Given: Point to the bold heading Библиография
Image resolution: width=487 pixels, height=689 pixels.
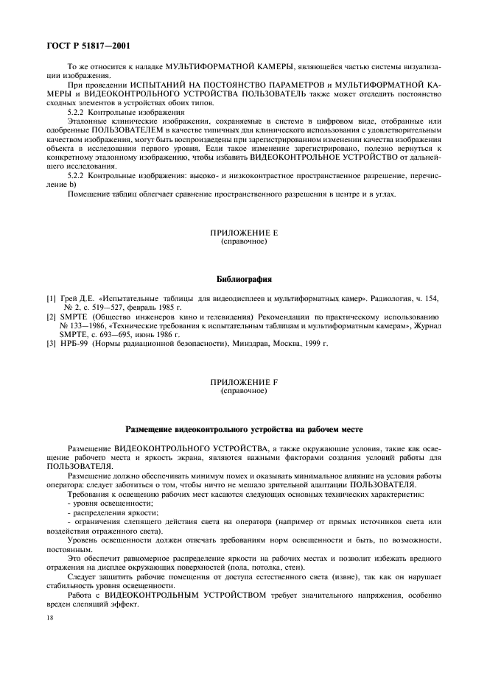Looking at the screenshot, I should tap(244, 280).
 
